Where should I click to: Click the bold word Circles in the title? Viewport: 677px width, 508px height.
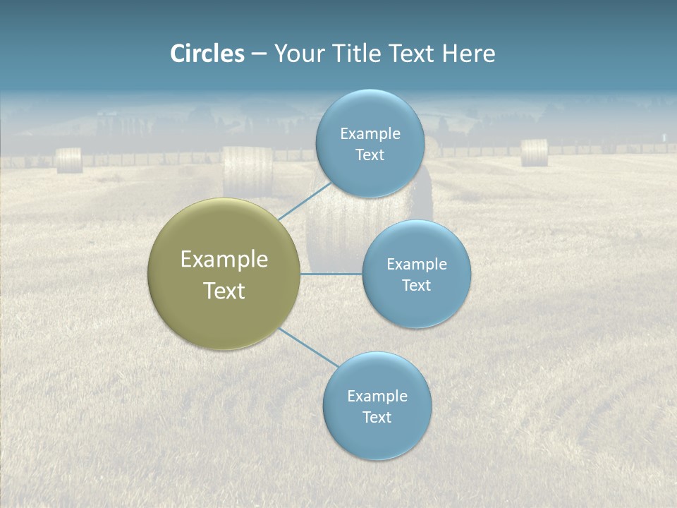pos(207,54)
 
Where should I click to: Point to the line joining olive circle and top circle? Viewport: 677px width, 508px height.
pos(305,200)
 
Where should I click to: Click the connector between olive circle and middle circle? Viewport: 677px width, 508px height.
pos(331,274)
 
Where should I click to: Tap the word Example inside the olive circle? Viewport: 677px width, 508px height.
pos(224,260)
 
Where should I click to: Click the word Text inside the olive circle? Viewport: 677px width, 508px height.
pos(224,291)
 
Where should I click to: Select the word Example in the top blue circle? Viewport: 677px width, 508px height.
pos(370,133)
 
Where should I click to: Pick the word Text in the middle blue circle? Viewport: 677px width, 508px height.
pos(417,285)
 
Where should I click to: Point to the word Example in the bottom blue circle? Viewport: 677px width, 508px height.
pos(377,396)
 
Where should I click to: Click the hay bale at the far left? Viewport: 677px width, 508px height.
pos(69,160)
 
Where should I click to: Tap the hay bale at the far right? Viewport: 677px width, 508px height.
pos(535,152)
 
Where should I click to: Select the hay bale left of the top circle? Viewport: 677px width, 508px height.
pos(248,171)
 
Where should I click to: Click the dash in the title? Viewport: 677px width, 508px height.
pos(259,54)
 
